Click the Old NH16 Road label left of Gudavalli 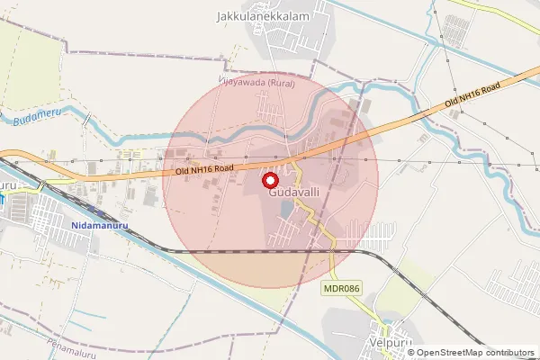(204, 168)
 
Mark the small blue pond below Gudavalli (286, 209)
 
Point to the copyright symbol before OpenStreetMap (412, 352)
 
